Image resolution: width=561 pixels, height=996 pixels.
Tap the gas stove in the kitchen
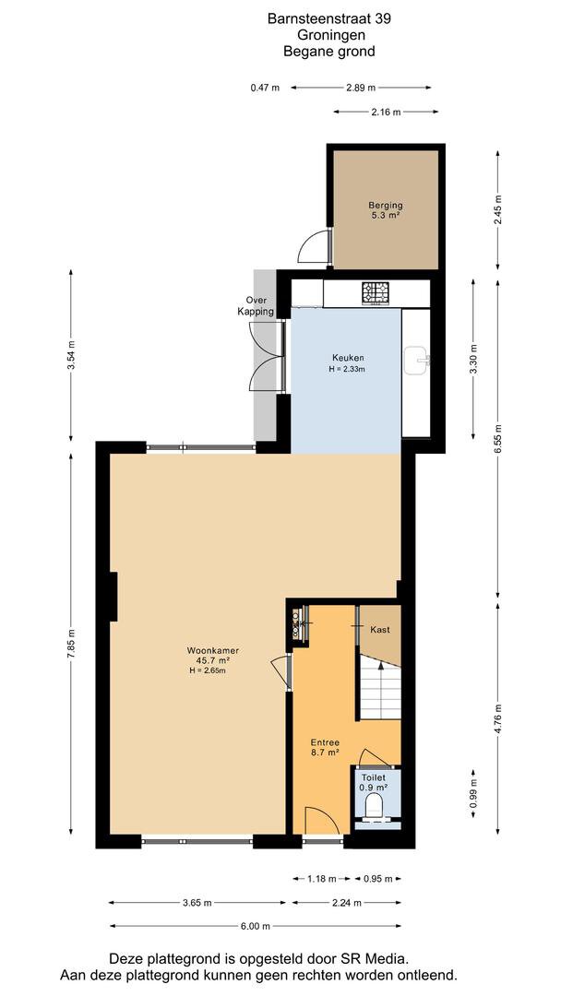[x=376, y=293]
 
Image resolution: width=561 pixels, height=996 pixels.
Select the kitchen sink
[x=417, y=361]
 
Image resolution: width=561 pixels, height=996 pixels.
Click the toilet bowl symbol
[x=376, y=805]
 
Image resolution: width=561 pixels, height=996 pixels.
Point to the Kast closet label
[x=380, y=630]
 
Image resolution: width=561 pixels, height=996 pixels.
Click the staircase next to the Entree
[x=380, y=688]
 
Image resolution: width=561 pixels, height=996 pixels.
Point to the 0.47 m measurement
[x=265, y=88]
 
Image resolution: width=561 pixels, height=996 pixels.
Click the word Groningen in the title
[x=329, y=36]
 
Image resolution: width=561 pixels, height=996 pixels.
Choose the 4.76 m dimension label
[x=499, y=719]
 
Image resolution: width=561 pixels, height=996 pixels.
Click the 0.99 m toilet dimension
[x=473, y=794]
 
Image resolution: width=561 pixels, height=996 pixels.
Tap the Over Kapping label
[x=257, y=306]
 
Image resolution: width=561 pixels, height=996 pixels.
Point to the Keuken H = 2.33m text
[x=347, y=362]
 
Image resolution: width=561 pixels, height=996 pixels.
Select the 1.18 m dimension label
[x=322, y=879]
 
